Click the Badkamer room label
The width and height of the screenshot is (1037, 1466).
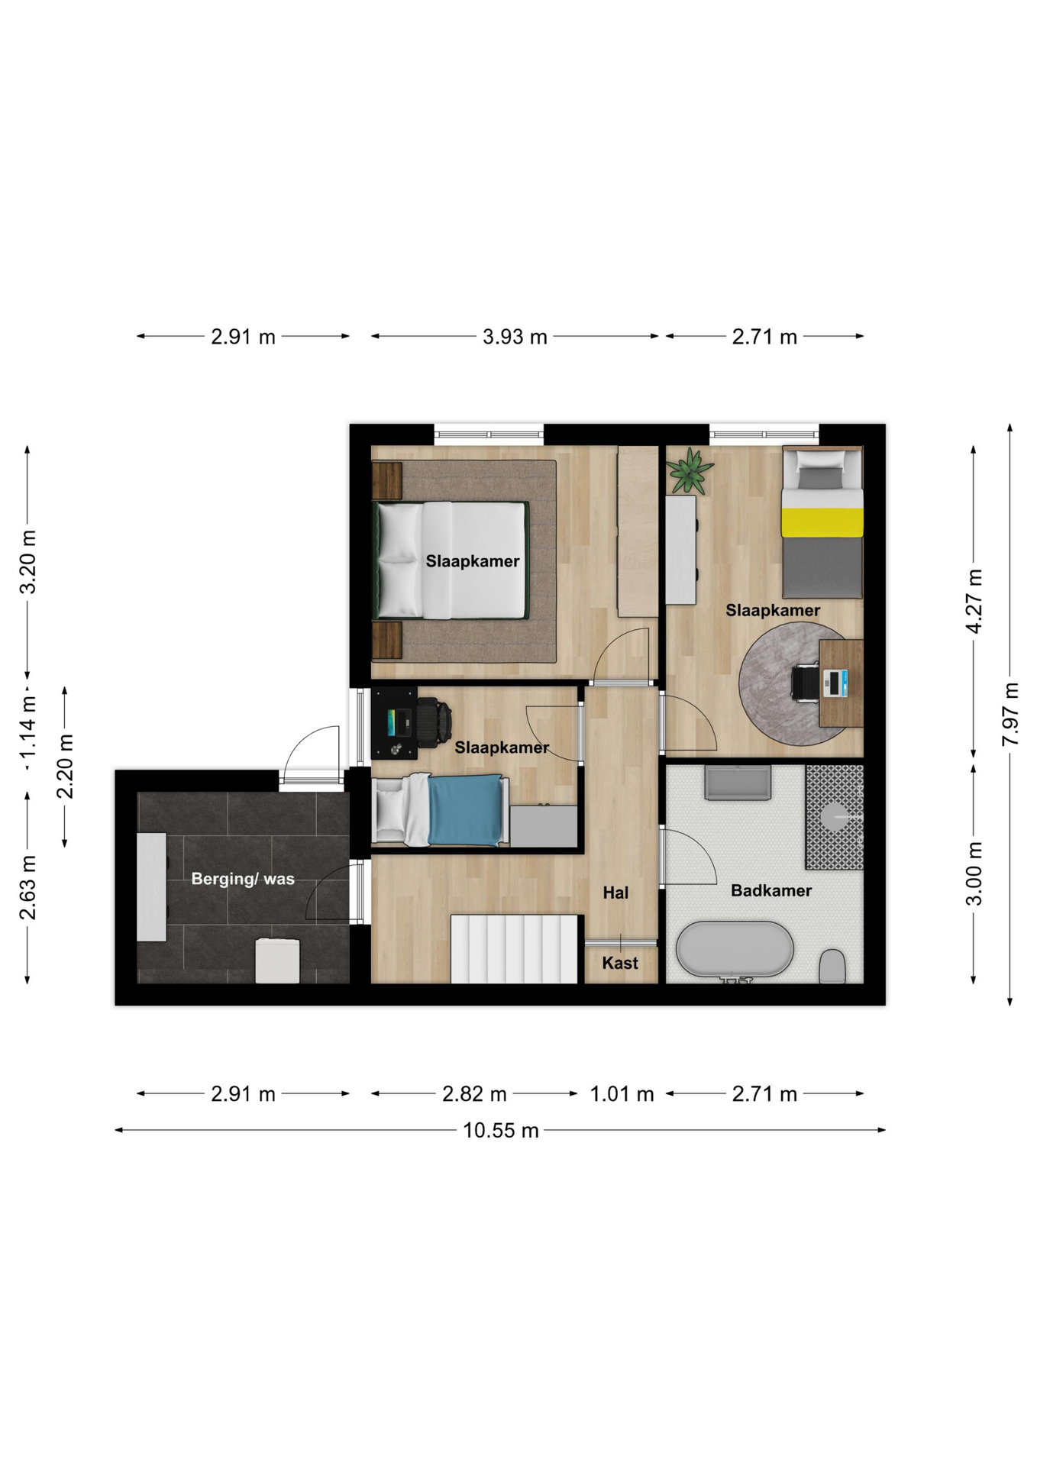(770, 890)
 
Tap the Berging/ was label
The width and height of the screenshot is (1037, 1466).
(243, 879)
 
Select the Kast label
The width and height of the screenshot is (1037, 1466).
(620, 963)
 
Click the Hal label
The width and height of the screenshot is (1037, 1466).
(615, 893)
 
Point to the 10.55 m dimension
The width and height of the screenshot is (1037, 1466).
(501, 1130)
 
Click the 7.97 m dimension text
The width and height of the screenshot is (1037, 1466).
(1010, 715)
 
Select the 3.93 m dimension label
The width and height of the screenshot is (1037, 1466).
(515, 337)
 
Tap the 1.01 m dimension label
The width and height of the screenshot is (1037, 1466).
(622, 1094)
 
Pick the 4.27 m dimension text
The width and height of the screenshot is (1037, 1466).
(974, 601)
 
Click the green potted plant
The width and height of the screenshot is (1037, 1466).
(690, 471)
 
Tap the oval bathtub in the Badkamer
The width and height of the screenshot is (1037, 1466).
(735, 949)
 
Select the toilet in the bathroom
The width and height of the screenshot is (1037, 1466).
(832, 967)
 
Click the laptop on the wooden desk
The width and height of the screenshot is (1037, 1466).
(835, 683)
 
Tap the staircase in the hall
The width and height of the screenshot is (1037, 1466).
(514, 949)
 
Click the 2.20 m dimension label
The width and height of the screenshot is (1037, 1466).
(66, 766)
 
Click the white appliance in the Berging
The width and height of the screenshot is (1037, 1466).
(277, 961)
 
